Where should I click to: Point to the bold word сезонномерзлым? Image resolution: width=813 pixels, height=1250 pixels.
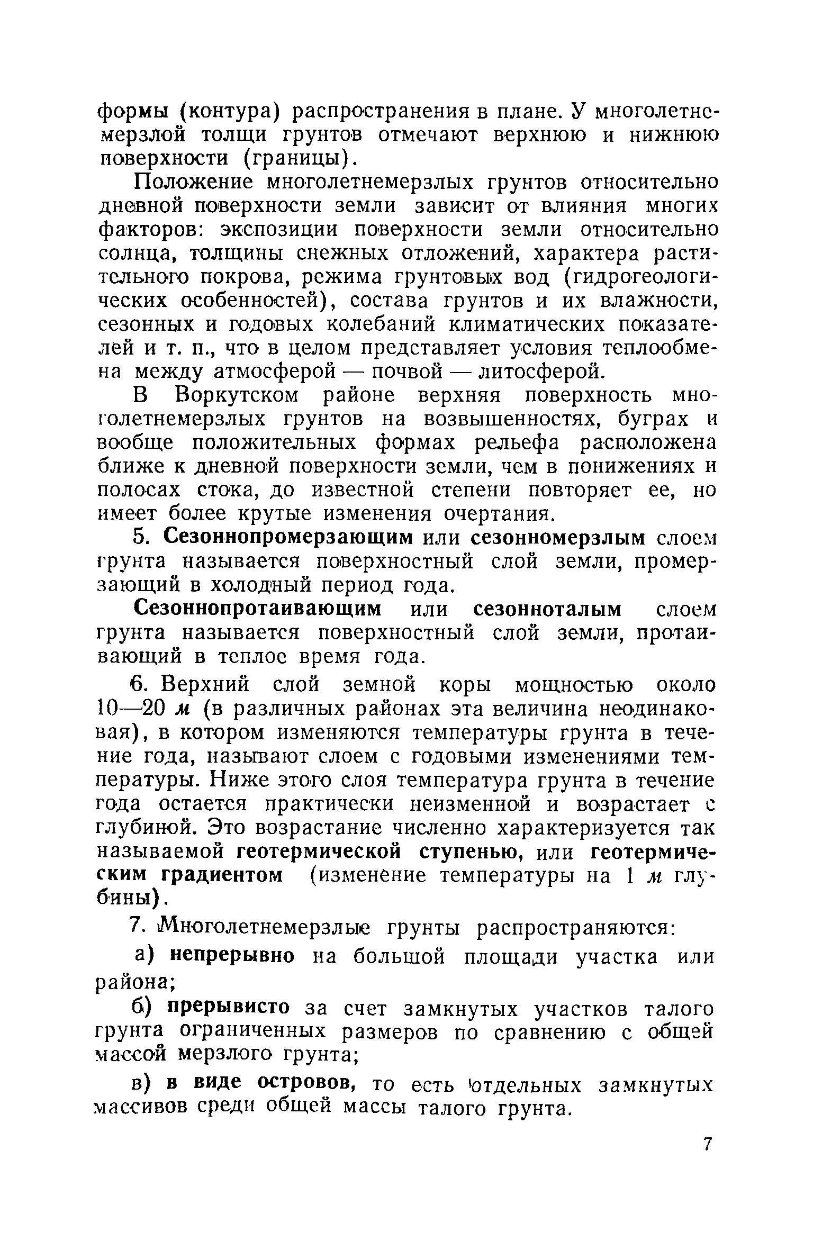pyautogui.click(x=558, y=538)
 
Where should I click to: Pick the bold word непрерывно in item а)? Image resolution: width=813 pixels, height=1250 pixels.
pyautogui.click(x=231, y=957)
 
